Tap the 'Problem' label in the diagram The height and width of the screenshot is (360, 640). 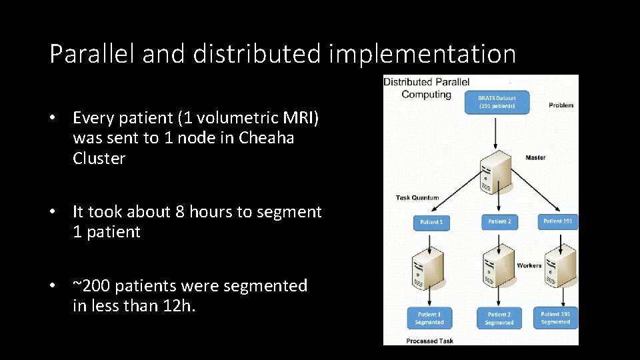[561, 105]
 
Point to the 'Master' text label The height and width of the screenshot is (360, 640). [535, 158]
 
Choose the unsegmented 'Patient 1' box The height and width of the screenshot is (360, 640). [431, 222]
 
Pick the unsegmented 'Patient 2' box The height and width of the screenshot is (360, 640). [499, 222]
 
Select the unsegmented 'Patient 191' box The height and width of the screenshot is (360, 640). [557, 221]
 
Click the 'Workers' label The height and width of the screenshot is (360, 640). [529, 265]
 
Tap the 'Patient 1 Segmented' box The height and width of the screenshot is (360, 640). [429, 318]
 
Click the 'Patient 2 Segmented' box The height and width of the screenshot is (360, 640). [499, 318]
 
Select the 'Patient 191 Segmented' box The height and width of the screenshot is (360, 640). [556, 317]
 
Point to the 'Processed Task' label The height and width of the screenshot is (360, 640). [429, 341]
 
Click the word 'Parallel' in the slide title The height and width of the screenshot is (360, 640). [92, 54]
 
